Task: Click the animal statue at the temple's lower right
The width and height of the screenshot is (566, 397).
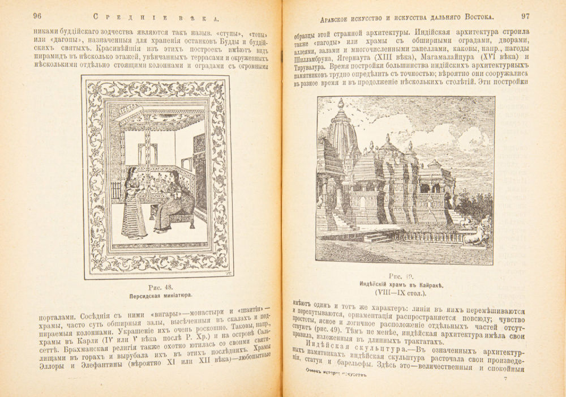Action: (x=477, y=233)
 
